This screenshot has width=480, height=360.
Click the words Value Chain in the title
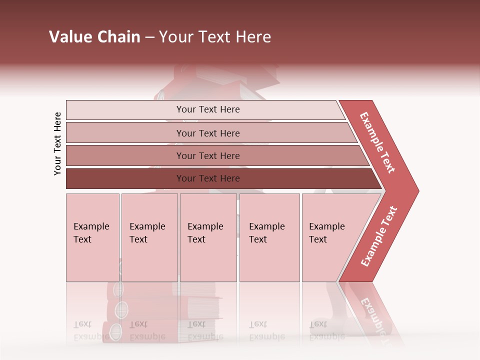(94, 37)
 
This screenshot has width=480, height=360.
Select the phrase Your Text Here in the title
(215, 37)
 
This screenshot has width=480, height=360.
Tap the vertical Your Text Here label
(57, 143)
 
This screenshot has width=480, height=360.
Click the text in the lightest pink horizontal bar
(208, 109)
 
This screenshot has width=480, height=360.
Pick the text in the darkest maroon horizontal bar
(208, 178)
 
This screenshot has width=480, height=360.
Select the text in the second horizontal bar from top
(208, 133)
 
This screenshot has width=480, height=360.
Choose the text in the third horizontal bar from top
(208, 156)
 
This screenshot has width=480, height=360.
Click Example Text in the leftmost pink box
(91, 233)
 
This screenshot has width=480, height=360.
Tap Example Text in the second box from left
(147, 233)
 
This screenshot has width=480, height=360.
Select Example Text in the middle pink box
(205, 233)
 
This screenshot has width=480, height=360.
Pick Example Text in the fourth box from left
(266, 233)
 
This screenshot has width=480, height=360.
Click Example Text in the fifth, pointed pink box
(326, 233)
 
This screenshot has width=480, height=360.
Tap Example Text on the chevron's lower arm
(379, 236)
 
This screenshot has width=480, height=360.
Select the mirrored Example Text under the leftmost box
(91, 330)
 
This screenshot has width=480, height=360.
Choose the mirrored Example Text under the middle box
(205, 330)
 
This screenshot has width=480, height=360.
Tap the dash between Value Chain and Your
(149, 37)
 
